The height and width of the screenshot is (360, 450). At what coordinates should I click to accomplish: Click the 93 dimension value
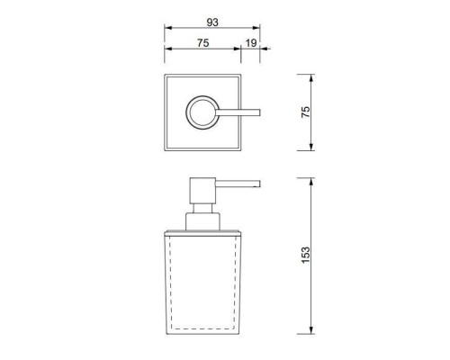click(x=213, y=21)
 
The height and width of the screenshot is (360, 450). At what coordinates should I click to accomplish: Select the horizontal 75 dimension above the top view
click(x=204, y=43)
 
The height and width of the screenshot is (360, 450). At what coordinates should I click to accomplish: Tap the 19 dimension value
click(x=252, y=43)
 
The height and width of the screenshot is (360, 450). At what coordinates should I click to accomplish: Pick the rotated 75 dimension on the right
click(x=305, y=112)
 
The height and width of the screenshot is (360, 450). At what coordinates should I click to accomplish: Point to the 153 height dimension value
click(x=305, y=255)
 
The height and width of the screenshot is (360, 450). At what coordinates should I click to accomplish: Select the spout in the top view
click(x=238, y=112)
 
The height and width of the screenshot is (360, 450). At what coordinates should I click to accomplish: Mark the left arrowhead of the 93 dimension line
click(x=166, y=30)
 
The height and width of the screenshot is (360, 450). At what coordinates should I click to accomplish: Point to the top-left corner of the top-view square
click(x=165, y=76)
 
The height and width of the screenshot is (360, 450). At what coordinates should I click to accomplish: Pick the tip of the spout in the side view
click(x=259, y=186)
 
